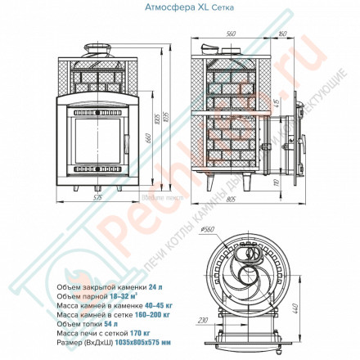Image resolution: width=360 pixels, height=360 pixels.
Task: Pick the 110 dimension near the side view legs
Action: pos(276,172)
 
